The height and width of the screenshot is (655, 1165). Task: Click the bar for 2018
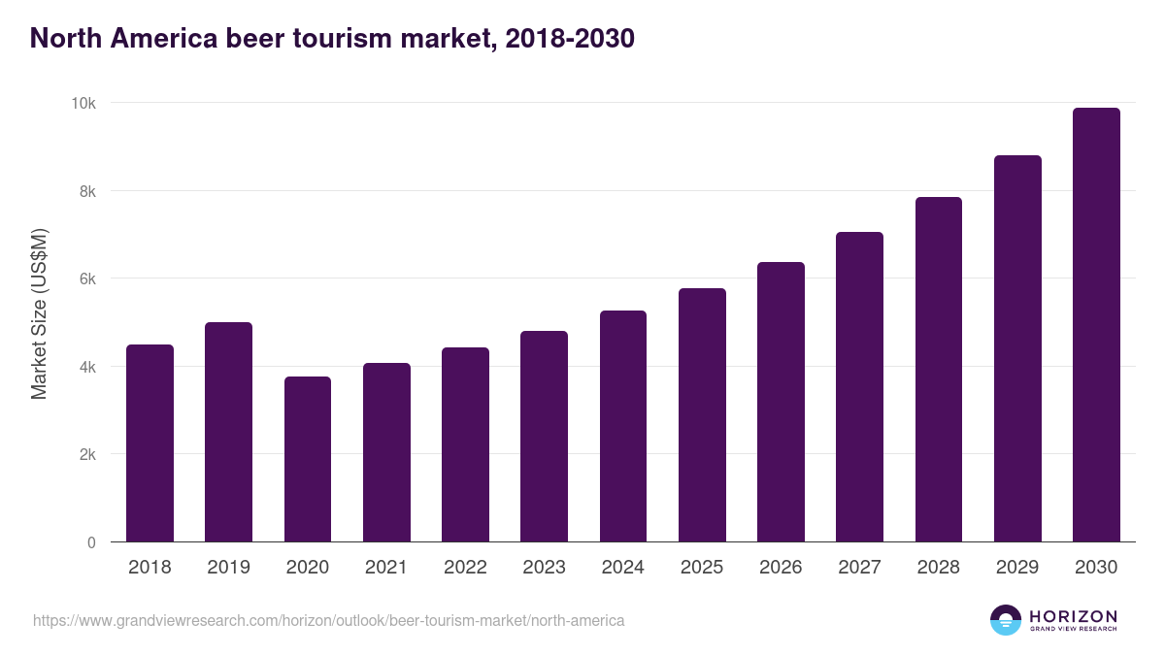(150, 443)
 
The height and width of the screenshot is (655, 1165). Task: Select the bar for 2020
(308, 459)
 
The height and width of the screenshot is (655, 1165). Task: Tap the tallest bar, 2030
(1096, 325)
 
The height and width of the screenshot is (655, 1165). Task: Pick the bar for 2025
(702, 415)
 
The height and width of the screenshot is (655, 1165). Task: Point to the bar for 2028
(939, 370)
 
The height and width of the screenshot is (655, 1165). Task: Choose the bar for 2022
(465, 444)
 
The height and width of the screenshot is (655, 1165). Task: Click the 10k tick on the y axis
(85, 103)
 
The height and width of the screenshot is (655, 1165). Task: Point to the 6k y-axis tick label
(87, 278)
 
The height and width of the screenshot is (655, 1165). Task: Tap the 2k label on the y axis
(87, 454)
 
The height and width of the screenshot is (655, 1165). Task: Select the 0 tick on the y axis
(91, 542)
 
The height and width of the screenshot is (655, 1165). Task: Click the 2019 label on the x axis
(228, 568)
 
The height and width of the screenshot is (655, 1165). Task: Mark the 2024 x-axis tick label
(622, 568)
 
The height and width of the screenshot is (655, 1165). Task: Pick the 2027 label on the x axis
(859, 568)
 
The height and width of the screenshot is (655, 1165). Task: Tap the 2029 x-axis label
(1017, 568)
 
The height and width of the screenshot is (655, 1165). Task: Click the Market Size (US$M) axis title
(39, 313)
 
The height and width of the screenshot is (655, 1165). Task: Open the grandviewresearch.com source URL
(328, 619)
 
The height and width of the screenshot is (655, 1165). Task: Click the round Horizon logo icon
(1006, 620)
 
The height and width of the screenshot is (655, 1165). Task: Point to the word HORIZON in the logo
(1073, 615)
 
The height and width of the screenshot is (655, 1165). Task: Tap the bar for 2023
(544, 437)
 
